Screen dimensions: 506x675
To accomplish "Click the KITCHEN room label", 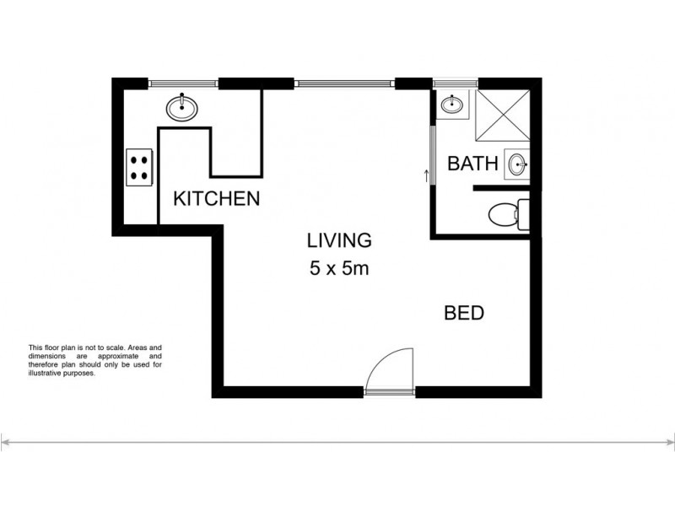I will point(215,200).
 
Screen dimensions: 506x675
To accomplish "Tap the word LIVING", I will point(338,240).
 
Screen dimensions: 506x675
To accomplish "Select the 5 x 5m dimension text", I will point(338,271).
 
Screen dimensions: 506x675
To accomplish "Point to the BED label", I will point(464,314).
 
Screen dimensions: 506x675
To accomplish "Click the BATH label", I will point(472,164).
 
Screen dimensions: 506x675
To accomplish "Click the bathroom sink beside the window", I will point(452,105).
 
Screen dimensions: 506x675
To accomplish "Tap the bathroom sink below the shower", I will point(517,164).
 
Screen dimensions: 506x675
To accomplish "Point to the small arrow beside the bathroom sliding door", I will point(426,175).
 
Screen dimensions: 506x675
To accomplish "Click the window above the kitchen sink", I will point(184,83).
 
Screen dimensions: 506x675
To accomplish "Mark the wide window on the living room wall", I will point(345,83).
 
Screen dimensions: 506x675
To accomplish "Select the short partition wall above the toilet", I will point(503,191).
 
